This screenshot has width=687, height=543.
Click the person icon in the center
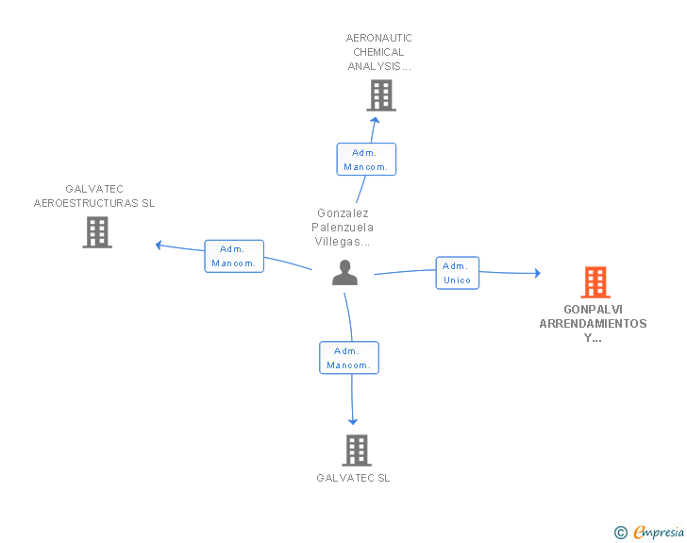click(344, 272)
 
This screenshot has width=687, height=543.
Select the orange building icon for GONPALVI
click(595, 282)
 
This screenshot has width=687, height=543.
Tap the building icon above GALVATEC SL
click(357, 450)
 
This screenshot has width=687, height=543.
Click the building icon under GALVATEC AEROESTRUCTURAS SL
click(97, 232)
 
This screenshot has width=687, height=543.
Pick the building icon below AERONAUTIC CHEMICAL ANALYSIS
click(381, 95)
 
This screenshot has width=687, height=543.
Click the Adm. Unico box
click(458, 273)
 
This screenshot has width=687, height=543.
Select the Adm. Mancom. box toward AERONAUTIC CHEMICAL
click(366, 160)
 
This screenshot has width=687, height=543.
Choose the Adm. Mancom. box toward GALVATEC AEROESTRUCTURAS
click(234, 256)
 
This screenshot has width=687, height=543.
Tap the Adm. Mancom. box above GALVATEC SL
click(349, 358)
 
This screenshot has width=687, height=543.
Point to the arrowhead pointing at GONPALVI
click(538, 273)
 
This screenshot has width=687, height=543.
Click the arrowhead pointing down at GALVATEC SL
click(353, 421)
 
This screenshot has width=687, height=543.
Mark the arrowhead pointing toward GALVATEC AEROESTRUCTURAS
click(159, 246)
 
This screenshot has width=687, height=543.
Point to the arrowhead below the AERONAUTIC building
click(375, 120)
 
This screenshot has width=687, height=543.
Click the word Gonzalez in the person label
click(343, 213)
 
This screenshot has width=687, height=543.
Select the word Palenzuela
click(343, 228)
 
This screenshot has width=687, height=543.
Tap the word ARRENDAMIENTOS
click(593, 324)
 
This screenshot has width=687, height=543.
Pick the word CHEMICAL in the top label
click(378, 52)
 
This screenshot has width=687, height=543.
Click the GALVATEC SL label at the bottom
click(353, 478)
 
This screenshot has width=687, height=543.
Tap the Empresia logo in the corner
click(649, 532)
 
